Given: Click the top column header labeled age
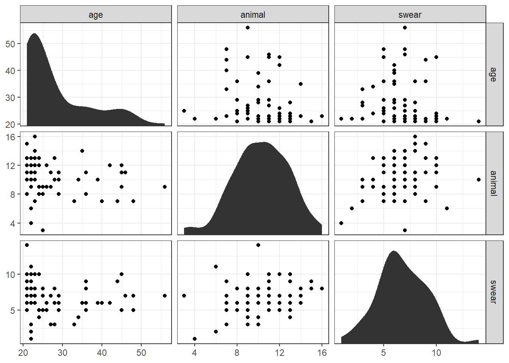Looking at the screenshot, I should click(x=95, y=15).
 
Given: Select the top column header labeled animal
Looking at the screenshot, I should click(x=253, y=15).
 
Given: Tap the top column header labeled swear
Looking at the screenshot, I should click(x=410, y=15).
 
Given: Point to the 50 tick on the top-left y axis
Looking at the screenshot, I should click(x=10, y=44).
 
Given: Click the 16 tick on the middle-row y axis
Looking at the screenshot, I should click(x=10, y=137).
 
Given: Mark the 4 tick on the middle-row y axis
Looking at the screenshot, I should click(x=12, y=223).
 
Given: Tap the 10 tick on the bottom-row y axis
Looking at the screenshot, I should click(x=10, y=275).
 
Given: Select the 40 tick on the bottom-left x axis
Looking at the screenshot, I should click(x=102, y=353).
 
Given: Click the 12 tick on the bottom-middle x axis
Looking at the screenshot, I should click(x=279, y=353).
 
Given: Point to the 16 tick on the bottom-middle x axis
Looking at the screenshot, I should click(x=322, y=353).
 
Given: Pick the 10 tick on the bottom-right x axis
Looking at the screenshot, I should click(x=436, y=353).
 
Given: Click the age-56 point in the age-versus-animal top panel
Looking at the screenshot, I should click(x=248, y=28).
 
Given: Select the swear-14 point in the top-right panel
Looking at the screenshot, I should click(x=479, y=121).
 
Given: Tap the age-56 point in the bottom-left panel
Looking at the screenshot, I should click(x=165, y=296).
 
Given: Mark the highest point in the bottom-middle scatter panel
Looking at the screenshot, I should click(x=258, y=245).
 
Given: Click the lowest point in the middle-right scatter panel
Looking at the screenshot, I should click(x=405, y=230).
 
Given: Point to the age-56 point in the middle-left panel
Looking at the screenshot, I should click(x=165, y=187).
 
